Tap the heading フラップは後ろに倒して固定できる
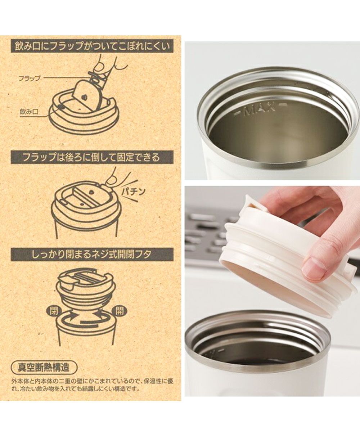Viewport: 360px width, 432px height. (92, 158)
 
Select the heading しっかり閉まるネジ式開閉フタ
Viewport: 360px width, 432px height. (92, 254)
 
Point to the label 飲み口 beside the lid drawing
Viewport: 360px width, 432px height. (29, 112)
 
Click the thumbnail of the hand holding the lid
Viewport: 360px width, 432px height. (272, 291)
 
